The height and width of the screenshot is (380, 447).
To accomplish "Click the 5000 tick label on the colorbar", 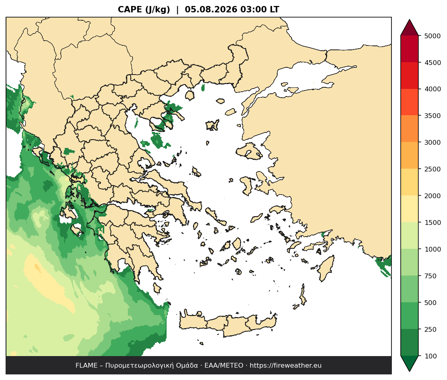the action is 433,36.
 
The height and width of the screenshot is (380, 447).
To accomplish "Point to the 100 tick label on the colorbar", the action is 431,356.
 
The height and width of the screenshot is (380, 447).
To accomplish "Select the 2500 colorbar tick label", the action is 433,169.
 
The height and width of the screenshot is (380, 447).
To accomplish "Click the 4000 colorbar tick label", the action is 433,89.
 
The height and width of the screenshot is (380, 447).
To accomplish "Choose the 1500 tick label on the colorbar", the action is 433,222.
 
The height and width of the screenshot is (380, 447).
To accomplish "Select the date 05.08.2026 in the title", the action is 211,10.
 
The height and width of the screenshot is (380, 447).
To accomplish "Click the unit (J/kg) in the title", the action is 157,10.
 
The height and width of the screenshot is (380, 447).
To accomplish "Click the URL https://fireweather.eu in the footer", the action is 286,366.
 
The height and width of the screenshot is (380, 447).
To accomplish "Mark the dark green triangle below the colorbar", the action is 409,362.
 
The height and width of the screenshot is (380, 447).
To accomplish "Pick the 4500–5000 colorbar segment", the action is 409,49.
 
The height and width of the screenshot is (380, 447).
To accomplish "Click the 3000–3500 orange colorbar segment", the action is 409,129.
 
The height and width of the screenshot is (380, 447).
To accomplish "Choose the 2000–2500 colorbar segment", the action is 409,183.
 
